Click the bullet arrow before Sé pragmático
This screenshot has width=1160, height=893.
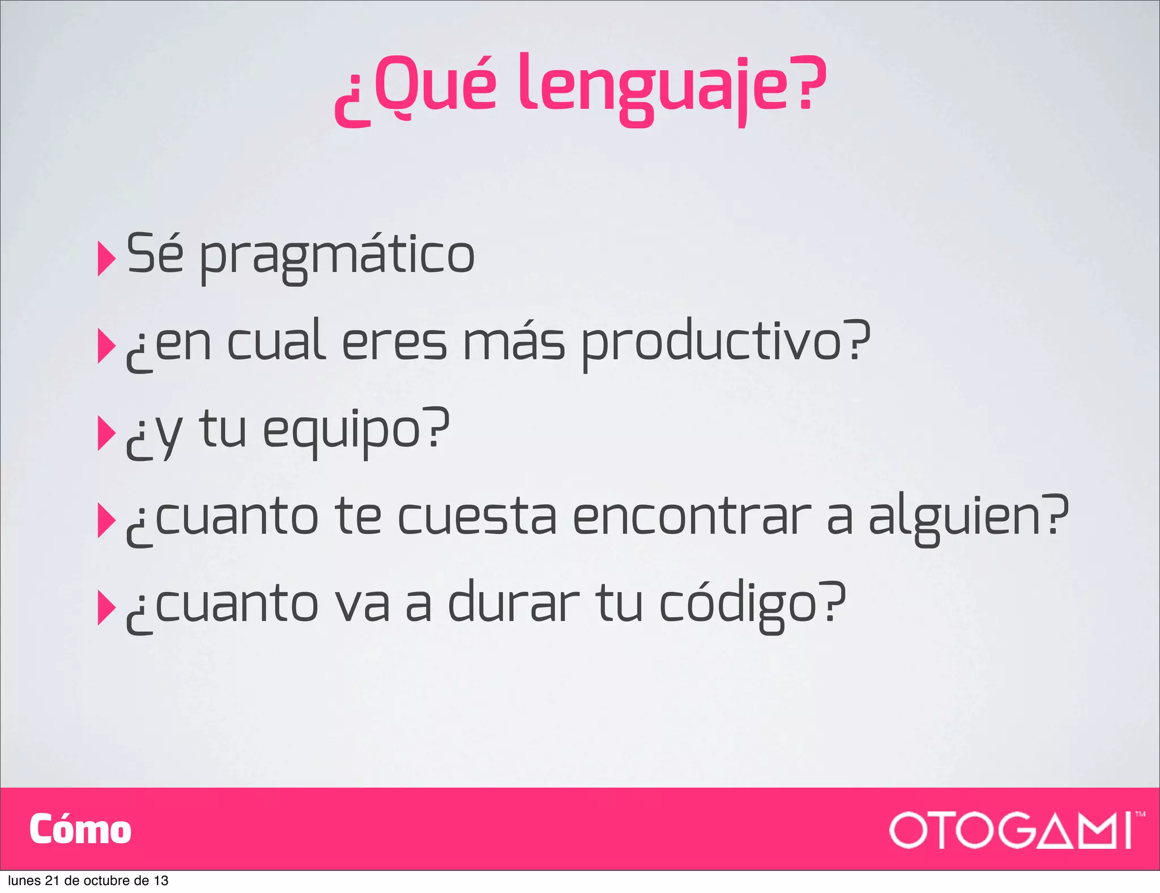(x=106, y=258)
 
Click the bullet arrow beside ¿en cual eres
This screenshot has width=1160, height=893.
(x=106, y=346)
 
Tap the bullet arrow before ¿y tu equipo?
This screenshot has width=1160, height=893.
(x=106, y=433)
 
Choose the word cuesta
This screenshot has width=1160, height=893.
(x=477, y=517)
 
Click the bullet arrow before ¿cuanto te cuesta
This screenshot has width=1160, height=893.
(x=106, y=520)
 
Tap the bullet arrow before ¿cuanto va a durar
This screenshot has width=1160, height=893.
(x=106, y=607)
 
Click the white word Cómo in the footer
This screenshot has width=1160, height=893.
(x=80, y=830)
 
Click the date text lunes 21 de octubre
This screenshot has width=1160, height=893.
(x=88, y=881)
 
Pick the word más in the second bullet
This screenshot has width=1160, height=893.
(x=514, y=343)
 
